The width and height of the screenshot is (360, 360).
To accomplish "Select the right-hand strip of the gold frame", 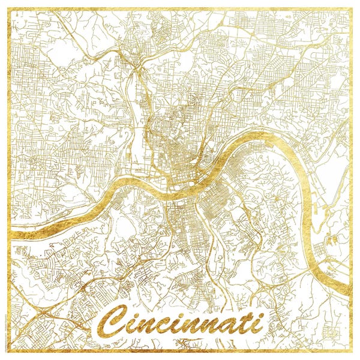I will tap(351, 180).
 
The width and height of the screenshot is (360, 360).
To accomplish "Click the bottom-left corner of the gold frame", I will tap(9, 352).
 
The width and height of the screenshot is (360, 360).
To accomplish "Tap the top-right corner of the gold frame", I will tap(351, 9).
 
